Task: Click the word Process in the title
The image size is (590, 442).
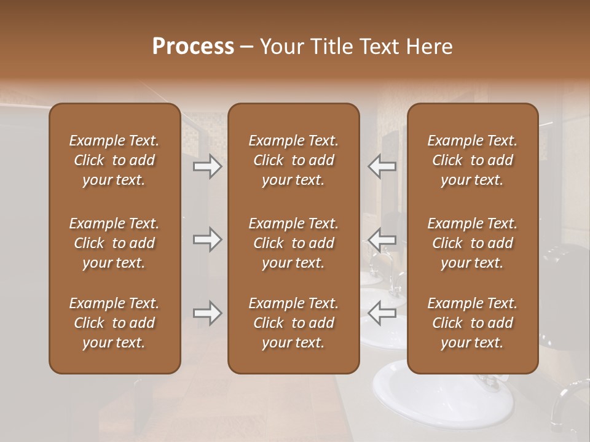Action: (x=193, y=47)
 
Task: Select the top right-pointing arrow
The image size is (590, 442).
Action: (x=207, y=166)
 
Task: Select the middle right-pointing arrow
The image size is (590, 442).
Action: (x=207, y=239)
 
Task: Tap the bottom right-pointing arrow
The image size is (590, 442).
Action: (x=207, y=313)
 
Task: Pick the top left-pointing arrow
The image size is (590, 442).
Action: (x=382, y=166)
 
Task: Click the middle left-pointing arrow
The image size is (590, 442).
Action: (x=382, y=239)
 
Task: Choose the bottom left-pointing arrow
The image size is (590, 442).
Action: (x=382, y=313)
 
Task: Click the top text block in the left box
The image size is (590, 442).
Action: (x=114, y=160)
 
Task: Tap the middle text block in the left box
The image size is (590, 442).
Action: (x=114, y=243)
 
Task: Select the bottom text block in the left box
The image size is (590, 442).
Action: (x=114, y=323)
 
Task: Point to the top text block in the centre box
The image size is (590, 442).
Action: (x=293, y=160)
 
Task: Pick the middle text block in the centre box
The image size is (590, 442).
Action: (x=293, y=243)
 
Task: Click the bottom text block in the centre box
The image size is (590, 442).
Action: (x=293, y=323)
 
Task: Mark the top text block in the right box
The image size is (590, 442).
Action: (x=473, y=160)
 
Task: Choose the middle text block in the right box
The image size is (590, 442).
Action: (x=473, y=243)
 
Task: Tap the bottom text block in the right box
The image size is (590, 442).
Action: (x=473, y=323)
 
